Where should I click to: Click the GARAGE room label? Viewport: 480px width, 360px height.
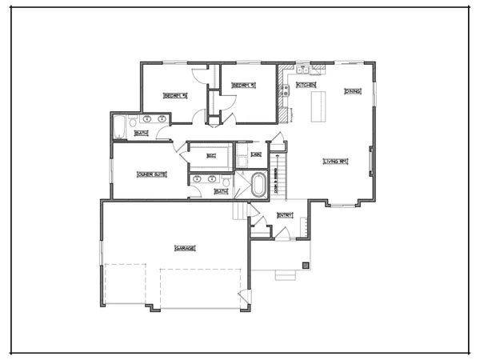point(185,248)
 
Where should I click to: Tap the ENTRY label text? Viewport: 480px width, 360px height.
point(285,215)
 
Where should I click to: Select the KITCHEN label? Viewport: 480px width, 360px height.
point(306,84)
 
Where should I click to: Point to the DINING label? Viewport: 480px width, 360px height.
point(352,91)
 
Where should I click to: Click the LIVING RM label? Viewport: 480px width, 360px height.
point(334,162)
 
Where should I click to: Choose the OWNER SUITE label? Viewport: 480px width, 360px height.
point(151,173)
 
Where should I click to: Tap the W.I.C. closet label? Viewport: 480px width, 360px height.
point(211,155)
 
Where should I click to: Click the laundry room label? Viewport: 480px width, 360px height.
point(256,154)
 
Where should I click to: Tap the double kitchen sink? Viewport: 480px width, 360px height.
point(303,70)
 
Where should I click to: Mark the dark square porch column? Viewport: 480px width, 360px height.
point(304,265)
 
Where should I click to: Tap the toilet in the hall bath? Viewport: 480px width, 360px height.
point(133,122)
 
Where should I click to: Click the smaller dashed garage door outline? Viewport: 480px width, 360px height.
point(125,284)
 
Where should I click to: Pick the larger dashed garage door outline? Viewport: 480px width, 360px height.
point(199,289)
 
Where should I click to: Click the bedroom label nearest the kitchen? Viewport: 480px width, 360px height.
point(242,86)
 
